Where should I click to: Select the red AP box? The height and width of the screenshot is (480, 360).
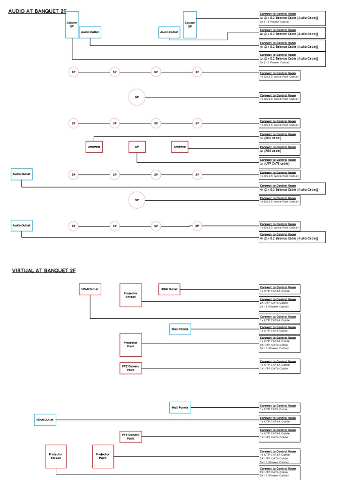point(137,147)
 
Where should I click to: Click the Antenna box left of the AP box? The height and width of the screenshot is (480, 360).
point(94,147)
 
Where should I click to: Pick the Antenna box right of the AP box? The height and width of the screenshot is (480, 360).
point(180,147)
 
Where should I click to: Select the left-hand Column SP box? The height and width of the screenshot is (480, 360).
point(72,24)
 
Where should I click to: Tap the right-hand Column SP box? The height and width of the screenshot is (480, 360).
point(190,24)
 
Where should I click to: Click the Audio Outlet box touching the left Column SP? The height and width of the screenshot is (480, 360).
point(90,32)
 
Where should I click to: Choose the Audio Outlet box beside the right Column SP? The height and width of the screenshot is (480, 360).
point(169,32)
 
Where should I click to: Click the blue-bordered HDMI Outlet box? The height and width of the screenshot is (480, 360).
point(45,420)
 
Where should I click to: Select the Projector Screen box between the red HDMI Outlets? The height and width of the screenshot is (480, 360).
point(131,295)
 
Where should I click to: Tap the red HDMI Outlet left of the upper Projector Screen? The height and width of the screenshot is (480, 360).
point(90,289)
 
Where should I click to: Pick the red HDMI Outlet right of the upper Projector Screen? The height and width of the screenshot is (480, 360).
point(169,289)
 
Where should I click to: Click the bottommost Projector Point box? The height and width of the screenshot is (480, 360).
point(103,456)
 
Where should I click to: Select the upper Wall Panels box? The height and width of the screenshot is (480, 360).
point(180,329)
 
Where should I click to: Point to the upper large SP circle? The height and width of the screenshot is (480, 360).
point(137,97)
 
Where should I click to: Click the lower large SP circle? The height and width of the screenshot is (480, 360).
point(137,200)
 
